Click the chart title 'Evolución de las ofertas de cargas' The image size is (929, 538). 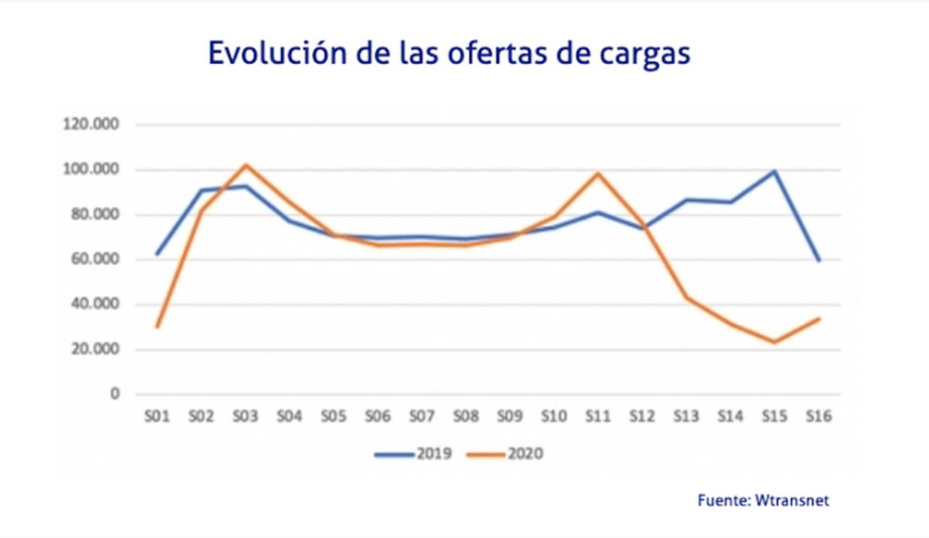[448, 55]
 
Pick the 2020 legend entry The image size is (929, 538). [505, 454]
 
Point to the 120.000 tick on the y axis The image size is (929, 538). [93, 125]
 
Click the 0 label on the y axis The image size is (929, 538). [115, 394]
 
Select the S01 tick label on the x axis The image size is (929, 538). [157, 416]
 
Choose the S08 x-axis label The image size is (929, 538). [466, 416]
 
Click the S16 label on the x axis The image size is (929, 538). [819, 416]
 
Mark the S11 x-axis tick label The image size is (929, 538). [598, 416]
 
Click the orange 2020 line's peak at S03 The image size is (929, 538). [246, 165]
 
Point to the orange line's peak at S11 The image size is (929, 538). [598, 173]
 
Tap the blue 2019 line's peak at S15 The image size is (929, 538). [775, 172]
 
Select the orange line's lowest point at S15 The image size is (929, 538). [775, 342]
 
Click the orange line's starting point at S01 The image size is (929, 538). [157, 327]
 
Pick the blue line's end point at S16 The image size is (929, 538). [819, 260]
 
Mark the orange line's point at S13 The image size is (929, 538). [686, 297]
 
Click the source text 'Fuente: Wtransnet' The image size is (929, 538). [763, 500]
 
